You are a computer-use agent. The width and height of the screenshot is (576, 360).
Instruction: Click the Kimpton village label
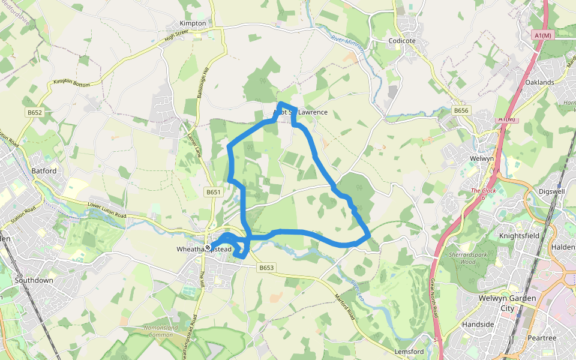coord(193,23)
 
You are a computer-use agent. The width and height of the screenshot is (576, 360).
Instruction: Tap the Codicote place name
coord(402,41)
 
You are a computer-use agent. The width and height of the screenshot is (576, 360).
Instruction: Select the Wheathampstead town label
coord(204,249)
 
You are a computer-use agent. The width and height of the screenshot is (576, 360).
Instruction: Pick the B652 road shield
coord(34,112)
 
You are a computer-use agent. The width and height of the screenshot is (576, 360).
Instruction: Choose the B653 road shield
coord(267,268)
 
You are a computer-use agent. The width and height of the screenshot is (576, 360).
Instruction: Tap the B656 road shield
coord(461,111)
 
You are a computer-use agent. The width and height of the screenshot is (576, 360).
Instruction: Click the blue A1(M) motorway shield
coord(542,36)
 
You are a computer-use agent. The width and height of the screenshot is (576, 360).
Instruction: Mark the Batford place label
coord(43,171)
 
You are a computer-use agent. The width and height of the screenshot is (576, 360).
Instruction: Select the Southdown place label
coord(34,280)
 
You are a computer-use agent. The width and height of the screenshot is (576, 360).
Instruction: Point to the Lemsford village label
coord(410,352)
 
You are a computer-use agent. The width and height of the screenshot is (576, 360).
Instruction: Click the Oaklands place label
coord(539,82)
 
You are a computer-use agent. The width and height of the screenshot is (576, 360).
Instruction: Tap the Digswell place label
coord(552,191)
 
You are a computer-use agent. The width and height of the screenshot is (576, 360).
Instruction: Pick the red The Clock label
coord(484,191)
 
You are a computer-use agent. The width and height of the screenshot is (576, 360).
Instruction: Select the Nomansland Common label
coord(158,331)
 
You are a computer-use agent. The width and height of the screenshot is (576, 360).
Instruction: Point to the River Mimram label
coord(344,46)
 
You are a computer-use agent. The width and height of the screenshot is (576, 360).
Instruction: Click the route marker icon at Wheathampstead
coord(208,247)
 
